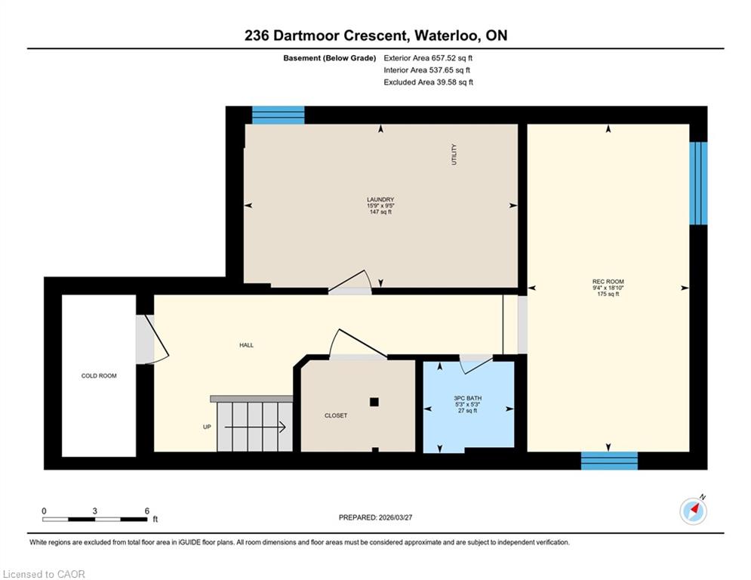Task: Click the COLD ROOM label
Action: point(99,376)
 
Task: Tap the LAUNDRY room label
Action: point(380,199)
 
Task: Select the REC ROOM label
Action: point(608,282)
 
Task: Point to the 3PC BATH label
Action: point(467,398)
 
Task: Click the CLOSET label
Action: point(336,415)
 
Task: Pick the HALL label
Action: point(246,345)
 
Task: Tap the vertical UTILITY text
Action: point(454,154)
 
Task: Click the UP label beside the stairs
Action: point(207,427)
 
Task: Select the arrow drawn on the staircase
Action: point(255,427)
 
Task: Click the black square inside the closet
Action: point(374,403)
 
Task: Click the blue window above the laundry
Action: point(279,115)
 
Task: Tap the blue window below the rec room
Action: point(609,461)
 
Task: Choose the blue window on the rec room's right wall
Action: point(698,183)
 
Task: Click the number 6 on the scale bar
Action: point(147,511)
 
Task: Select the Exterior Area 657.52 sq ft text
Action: point(428,58)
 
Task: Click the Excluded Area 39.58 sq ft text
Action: point(428,82)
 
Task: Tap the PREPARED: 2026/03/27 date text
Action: point(376,517)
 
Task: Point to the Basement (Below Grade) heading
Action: point(330,58)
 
